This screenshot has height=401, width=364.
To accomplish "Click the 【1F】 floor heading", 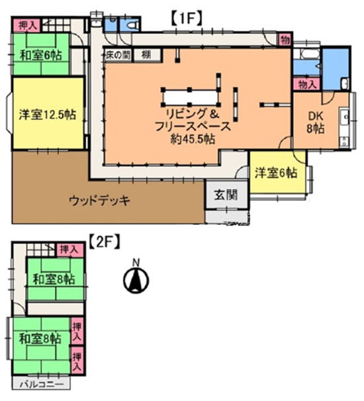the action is pos(186,19).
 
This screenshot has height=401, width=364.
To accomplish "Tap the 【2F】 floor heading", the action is pos(105,242).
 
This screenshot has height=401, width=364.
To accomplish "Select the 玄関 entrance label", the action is pos(226,195).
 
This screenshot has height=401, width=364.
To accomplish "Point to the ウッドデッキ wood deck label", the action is pos(100,201).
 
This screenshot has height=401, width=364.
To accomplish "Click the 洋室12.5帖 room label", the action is pos(48,115).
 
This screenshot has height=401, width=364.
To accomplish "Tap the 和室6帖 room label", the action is pos(41,55).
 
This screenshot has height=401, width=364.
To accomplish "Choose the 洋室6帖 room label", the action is pos(276,173).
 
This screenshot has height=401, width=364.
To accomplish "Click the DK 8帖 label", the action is pos(316,123).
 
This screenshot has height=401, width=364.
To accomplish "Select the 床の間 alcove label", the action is pos(118,55).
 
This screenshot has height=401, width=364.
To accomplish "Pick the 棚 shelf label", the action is pos(146,55).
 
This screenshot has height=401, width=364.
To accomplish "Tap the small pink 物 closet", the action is pos(285,40).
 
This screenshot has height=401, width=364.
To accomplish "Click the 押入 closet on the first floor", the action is pos(26,25).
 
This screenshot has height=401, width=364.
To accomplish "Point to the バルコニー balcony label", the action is pos(41,384).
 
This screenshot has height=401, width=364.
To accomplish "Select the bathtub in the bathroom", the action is pos(310,55).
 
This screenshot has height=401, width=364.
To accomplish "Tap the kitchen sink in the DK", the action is pos(345,117).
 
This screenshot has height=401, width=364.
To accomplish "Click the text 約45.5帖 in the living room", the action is pos(193,139).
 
